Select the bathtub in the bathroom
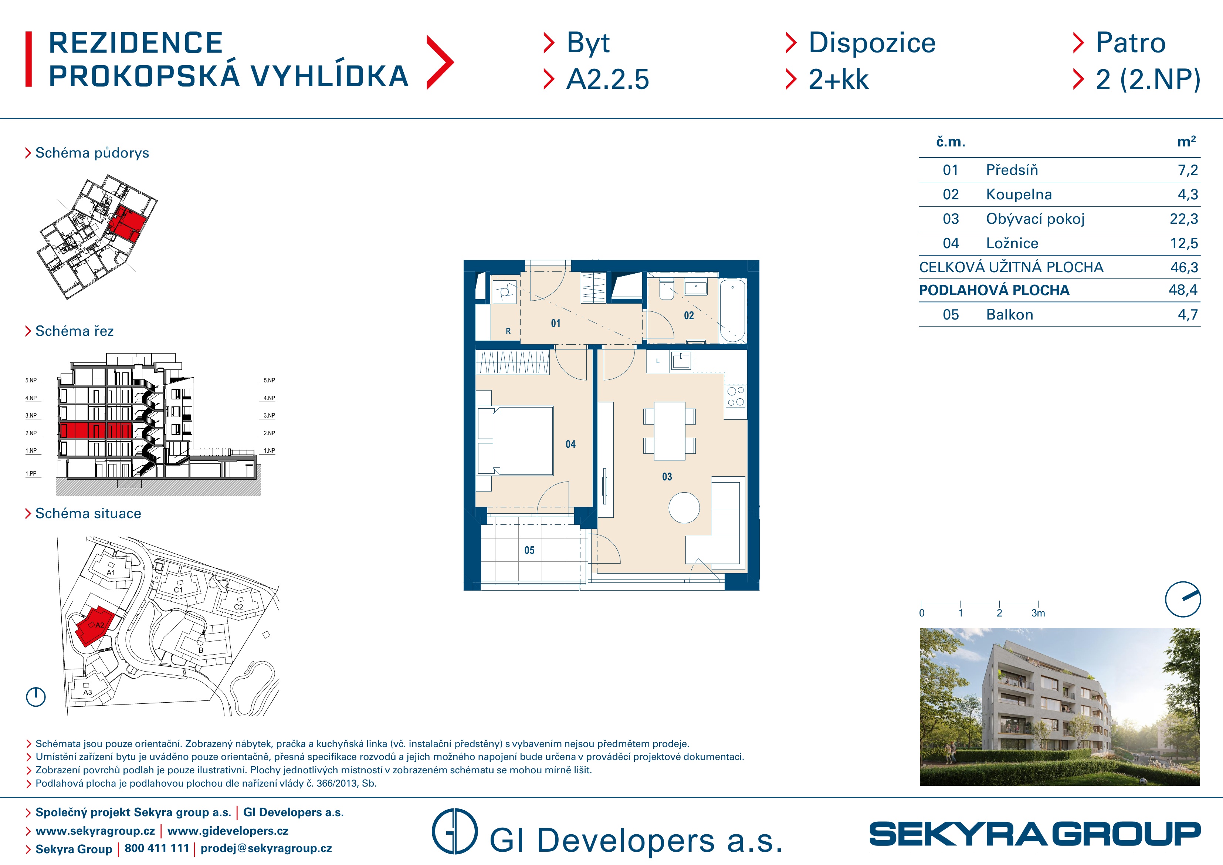[733, 311]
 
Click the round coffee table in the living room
[684, 507]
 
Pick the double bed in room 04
[516, 441]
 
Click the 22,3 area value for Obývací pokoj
[1183, 219]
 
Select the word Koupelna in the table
[1019, 195]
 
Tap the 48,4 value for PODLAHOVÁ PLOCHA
[1183, 290]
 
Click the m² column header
[1186, 141]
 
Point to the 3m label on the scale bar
[1038, 613]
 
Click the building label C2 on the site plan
[238, 607]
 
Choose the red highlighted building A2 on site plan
[95, 626]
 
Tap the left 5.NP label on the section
[31, 381]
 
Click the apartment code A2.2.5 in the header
[608, 80]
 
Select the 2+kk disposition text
[839, 80]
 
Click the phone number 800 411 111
[157, 848]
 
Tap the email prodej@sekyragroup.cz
[266, 848]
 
